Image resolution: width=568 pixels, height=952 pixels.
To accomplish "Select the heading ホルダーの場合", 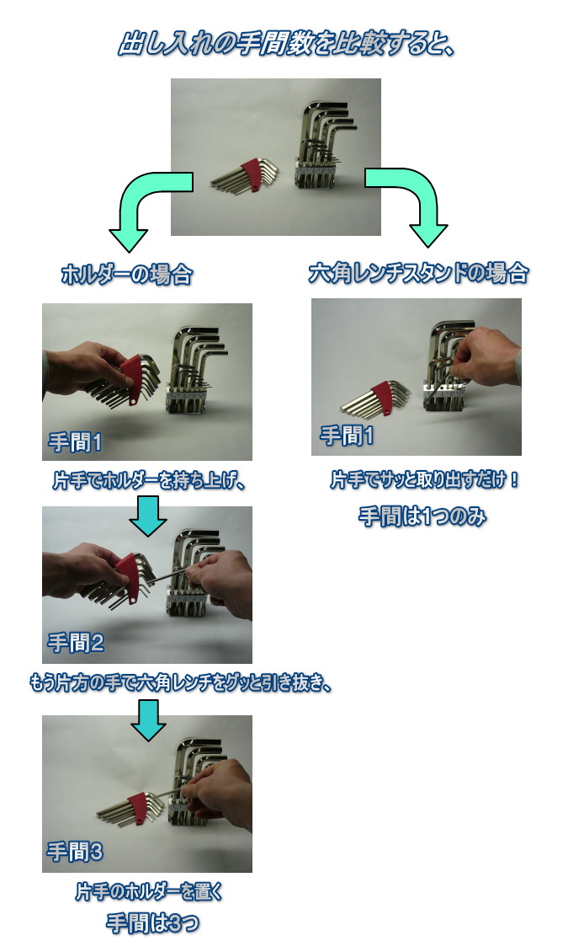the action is pyautogui.click(x=127, y=275).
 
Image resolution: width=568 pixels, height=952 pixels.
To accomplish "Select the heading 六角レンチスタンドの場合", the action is pyautogui.click(x=419, y=273).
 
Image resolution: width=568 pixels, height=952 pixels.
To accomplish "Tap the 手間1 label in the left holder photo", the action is pyautogui.click(x=76, y=442).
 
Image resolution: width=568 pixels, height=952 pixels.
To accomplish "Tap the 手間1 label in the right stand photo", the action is pyautogui.click(x=347, y=436).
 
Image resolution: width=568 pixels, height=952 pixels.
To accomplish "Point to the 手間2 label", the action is pyautogui.click(x=76, y=642).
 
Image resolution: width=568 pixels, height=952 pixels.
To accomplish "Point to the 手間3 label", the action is pyautogui.click(x=75, y=852).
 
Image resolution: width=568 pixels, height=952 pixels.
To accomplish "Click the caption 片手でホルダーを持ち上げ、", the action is pyautogui.click(x=148, y=481).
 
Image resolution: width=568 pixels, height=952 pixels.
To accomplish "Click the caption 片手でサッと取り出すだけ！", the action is pyautogui.click(x=425, y=479).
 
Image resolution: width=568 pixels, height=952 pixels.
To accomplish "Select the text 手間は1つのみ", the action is pyautogui.click(x=422, y=516).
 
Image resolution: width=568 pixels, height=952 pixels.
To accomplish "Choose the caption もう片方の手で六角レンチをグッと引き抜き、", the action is pyautogui.click(x=181, y=683).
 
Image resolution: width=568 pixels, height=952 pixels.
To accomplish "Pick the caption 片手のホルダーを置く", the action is pyautogui.click(x=149, y=891).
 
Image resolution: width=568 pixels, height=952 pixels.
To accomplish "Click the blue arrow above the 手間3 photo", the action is pyautogui.click(x=148, y=720).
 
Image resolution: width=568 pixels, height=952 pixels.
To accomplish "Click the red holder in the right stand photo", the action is pyautogui.click(x=382, y=396).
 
